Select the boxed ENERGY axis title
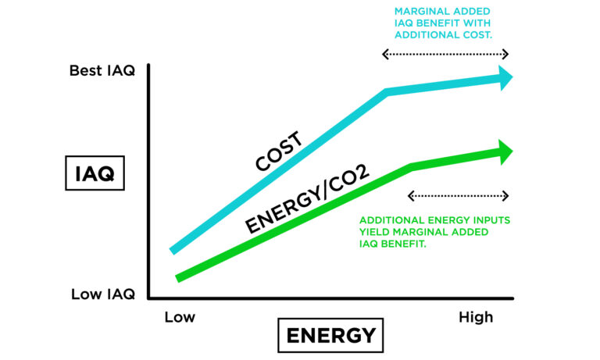click(x=330, y=336)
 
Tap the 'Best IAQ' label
click(x=102, y=71)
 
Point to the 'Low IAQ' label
click(x=103, y=294)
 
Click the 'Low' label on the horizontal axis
click(x=180, y=317)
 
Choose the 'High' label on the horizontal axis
click(x=475, y=317)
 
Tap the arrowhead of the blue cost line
click(x=505, y=77)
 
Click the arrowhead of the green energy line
click(x=505, y=151)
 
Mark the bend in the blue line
click(x=387, y=92)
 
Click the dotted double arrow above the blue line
click(x=445, y=55)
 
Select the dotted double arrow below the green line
click(x=459, y=195)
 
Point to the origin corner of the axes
click(x=148, y=298)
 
